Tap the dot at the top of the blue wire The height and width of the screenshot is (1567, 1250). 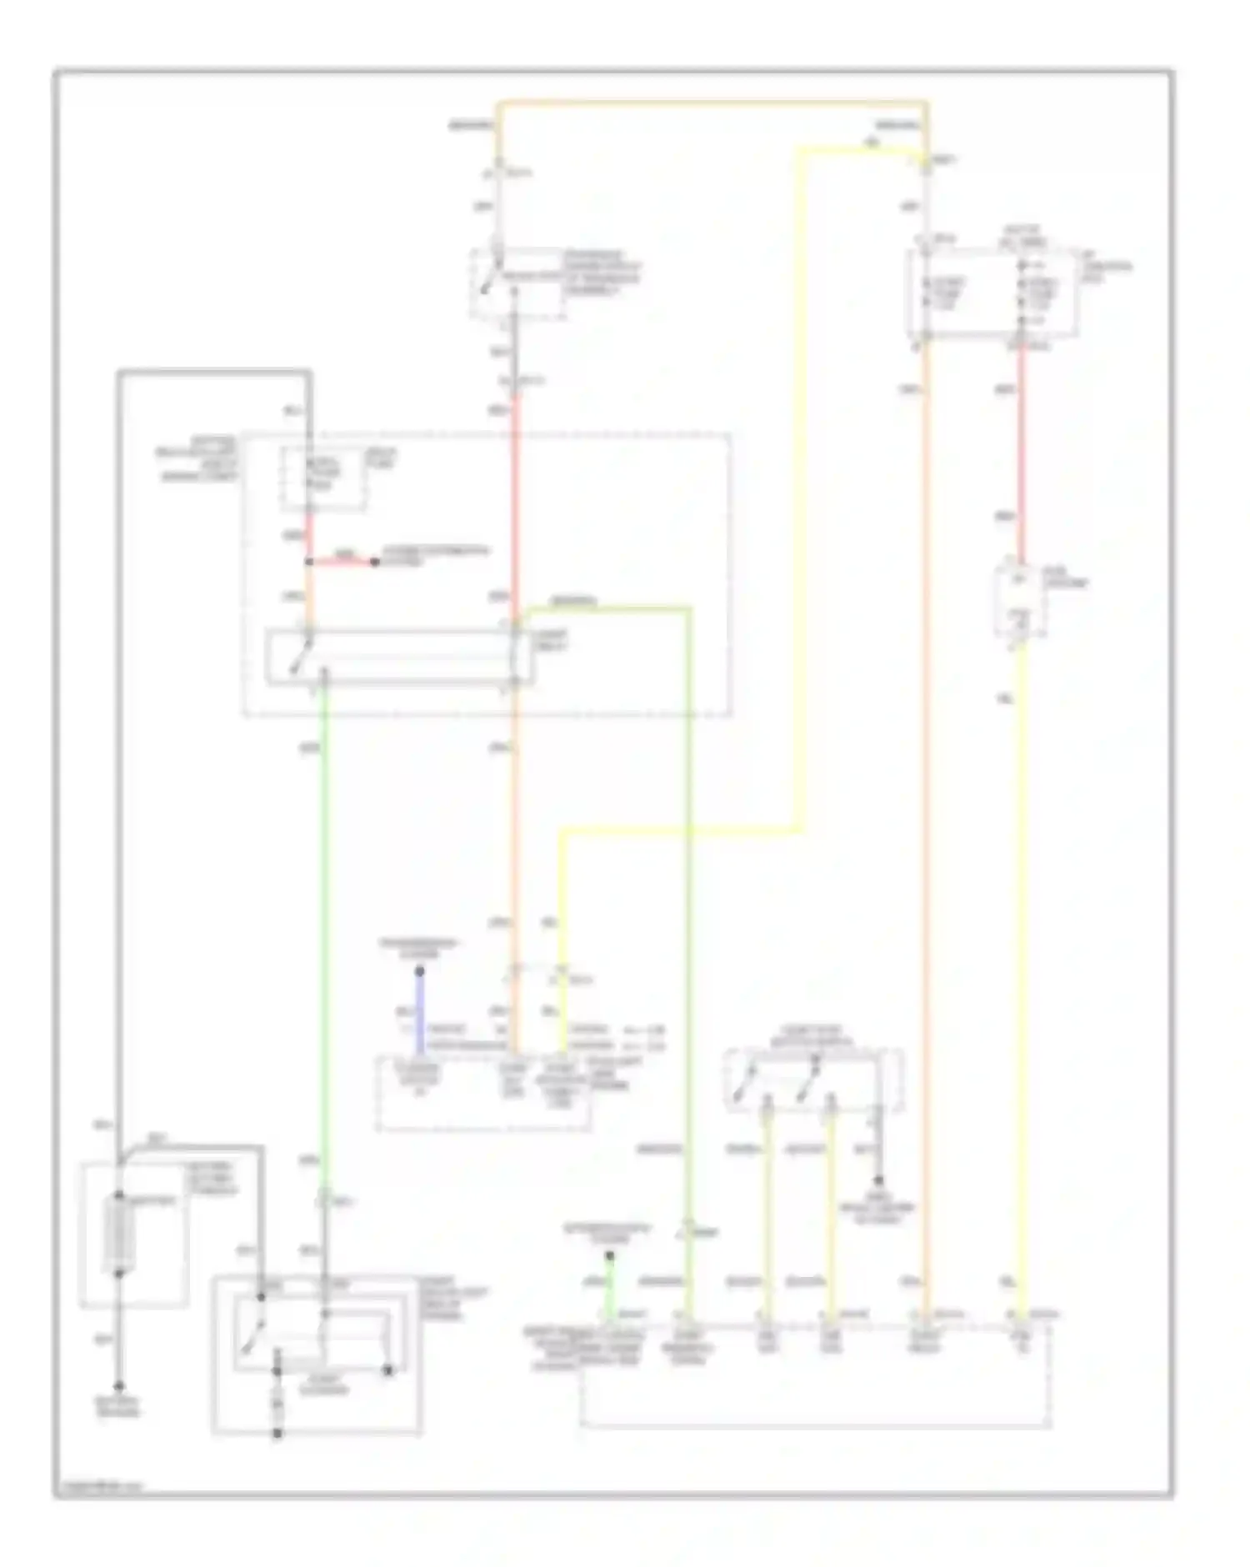420,972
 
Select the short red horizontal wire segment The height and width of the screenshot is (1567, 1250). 342,562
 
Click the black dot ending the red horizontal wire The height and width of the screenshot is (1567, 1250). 375,563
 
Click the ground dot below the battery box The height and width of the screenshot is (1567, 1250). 120,1387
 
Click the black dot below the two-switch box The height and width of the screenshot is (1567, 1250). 877,1181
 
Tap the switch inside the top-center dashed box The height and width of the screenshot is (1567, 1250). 488,279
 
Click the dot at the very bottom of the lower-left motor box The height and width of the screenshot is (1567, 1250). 277,1434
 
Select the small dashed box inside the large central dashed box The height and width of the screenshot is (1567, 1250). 323,478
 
